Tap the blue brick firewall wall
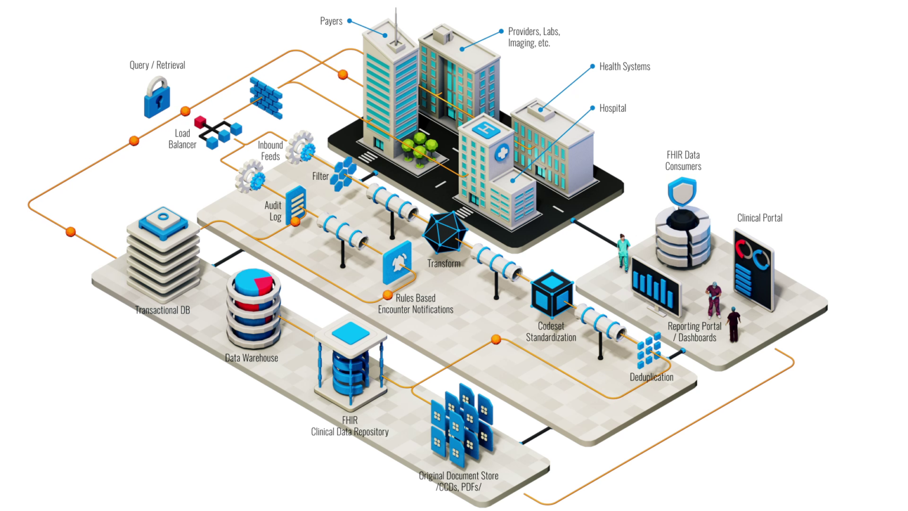pos(265,98)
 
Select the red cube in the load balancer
pos(200,122)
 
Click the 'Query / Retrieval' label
pos(157,65)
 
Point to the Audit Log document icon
pos(296,205)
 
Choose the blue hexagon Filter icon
pos(343,173)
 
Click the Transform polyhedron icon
pos(445,232)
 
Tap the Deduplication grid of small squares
pos(648,350)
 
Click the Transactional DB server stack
pos(163,254)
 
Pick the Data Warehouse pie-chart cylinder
pos(254,308)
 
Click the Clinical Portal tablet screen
pos(753,269)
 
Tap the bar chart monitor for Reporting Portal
pos(655,287)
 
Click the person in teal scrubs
pos(623,252)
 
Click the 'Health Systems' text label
pos(624,67)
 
